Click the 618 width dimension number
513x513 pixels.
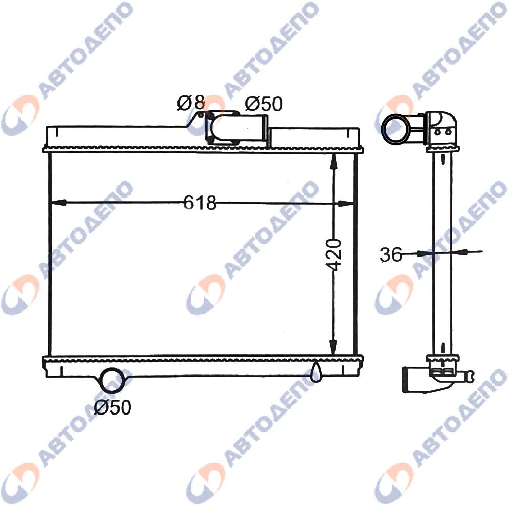200,203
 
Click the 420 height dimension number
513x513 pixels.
334,255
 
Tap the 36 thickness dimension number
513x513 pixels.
391,254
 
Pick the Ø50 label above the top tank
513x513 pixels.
263,104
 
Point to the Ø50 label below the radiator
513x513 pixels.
113,407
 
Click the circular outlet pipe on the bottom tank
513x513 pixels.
112,380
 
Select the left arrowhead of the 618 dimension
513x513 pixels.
59,203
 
